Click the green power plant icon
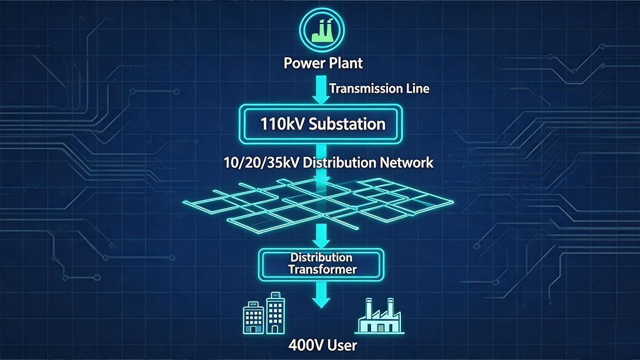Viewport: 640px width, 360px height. pyautogui.click(x=322, y=30)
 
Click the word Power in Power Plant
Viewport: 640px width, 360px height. pyautogui.click(x=302, y=63)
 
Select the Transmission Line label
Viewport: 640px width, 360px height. pyautogui.click(x=379, y=89)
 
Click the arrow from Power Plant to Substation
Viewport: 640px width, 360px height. pyautogui.click(x=321, y=89)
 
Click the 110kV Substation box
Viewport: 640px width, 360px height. pyautogui.click(x=321, y=124)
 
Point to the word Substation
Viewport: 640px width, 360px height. pyautogui.click(x=347, y=124)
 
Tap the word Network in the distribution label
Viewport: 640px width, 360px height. pyautogui.click(x=407, y=163)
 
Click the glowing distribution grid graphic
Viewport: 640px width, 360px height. pyautogui.click(x=318, y=205)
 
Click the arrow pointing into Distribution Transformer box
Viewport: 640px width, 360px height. pyautogui.click(x=322, y=236)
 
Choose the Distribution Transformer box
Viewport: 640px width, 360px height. pyautogui.click(x=321, y=265)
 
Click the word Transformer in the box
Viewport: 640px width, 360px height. pyautogui.click(x=322, y=270)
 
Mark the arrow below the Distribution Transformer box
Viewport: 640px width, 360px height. pyautogui.click(x=322, y=295)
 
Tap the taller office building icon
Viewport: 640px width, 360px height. pyautogui.click(x=275, y=313)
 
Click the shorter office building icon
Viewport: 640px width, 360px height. pyautogui.click(x=253, y=318)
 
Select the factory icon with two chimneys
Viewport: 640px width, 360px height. pyautogui.click(x=380, y=317)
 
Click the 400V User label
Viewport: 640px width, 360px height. pyautogui.click(x=322, y=346)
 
